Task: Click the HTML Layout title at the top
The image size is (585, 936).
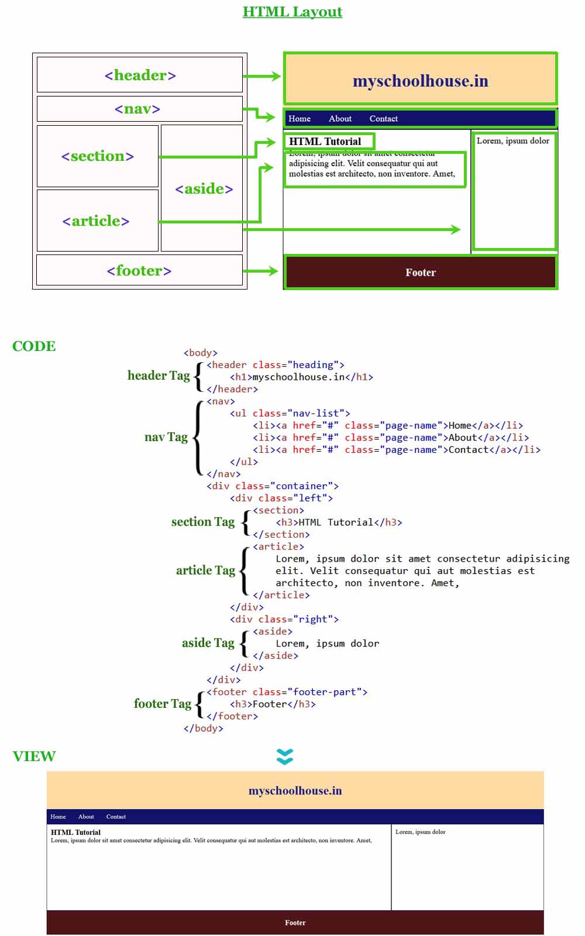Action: [x=292, y=12]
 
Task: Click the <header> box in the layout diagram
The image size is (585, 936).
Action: [x=140, y=75]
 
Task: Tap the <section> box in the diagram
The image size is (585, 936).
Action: [x=98, y=156]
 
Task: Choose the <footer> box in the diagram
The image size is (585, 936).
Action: [x=139, y=270]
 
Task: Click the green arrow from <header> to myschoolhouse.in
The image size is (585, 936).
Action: [x=262, y=76]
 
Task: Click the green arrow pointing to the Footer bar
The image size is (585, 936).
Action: [x=261, y=271]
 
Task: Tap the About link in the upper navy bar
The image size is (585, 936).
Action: [x=340, y=119]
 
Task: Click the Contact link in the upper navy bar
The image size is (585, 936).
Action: [x=383, y=119]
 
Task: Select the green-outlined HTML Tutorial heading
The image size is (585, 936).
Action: [x=325, y=142]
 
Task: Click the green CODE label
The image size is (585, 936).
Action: [x=34, y=346]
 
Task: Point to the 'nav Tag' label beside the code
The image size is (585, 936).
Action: [x=166, y=437]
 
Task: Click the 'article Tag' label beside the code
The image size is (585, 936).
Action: [x=205, y=570]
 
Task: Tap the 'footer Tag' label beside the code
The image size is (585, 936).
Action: [x=163, y=704]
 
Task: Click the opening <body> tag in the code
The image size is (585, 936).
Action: [x=201, y=353]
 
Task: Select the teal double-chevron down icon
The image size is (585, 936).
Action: [x=285, y=756]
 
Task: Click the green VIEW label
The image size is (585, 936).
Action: [x=34, y=756]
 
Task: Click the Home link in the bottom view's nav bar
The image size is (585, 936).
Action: [x=58, y=817]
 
